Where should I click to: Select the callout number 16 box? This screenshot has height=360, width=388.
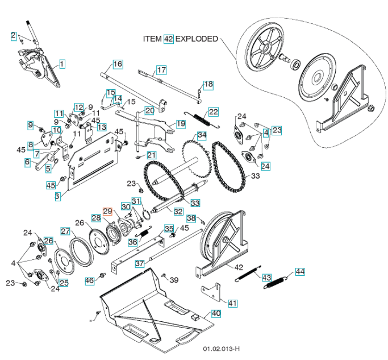pyautogui.click(x=118, y=64)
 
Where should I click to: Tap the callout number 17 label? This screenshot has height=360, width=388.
pyautogui.click(x=161, y=70)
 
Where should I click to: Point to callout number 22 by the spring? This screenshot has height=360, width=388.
pyautogui.click(x=214, y=111)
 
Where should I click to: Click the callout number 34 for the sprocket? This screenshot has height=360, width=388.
pyautogui.click(x=202, y=135)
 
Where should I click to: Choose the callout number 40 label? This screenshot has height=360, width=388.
pyautogui.click(x=216, y=313)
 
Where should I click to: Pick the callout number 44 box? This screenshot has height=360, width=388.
pyautogui.click(x=299, y=272)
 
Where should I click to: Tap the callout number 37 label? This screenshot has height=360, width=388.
pyautogui.click(x=139, y=264)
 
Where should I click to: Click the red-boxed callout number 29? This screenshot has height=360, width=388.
pyautogui.click(x=108, y=211)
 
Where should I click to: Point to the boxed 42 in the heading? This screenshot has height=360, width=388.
pyautogui.click(x=169, y=39)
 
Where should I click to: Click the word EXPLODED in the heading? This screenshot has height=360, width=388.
pyautogui.click(x=197, y=39)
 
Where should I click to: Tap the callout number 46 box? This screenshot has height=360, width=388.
pyautogui.click(x=90, y=281)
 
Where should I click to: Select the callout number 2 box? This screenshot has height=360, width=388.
pyautogui.click(x=14, y=36)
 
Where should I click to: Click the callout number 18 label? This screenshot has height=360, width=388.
pyautogui.click(x=208, y=84)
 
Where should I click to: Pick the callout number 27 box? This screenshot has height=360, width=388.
pyautogui.click(x=65, y=231)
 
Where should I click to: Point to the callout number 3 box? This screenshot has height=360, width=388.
pyautogui.click(x=58, y=196)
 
